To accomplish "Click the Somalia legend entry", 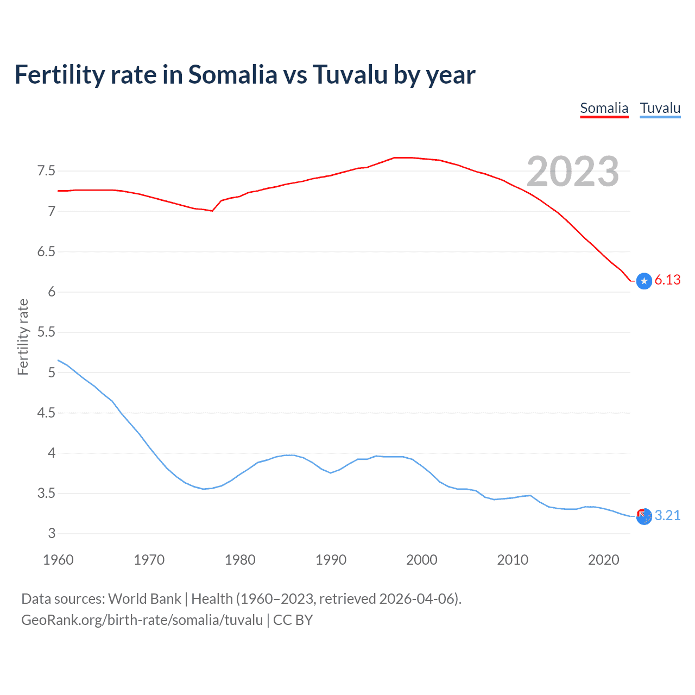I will [604, 108].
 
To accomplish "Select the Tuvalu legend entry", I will [660, 108].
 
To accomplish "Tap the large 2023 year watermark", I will [573, 172].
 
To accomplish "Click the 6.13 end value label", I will [667, 280].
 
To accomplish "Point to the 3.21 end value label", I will [667, 515].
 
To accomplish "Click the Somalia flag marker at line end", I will [644, 281].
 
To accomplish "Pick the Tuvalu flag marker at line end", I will [644, 516].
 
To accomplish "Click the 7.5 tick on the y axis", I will [46, 171].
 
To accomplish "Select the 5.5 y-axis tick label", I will [46, 332].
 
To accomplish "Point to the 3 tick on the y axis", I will [52, 533].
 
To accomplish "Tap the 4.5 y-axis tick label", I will [46, 413].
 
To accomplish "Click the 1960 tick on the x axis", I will [58, 560].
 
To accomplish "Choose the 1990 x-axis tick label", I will [331, 560].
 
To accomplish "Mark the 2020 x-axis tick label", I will [603, 560].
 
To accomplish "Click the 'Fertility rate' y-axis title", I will [23, 337].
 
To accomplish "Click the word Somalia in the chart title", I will [232, 75].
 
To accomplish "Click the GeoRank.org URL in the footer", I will [142, 620].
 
